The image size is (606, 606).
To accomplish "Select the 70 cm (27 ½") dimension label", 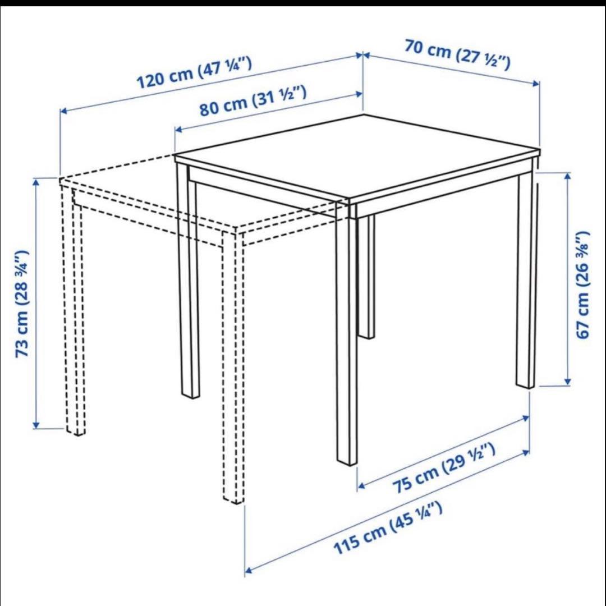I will [457, 56].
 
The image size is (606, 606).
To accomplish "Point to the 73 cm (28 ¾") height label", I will [22, 304].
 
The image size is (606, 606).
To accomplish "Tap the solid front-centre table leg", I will [347, 337].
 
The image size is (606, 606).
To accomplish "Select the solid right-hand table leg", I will [526, 281].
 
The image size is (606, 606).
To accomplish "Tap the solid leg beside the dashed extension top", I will [189, 281].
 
